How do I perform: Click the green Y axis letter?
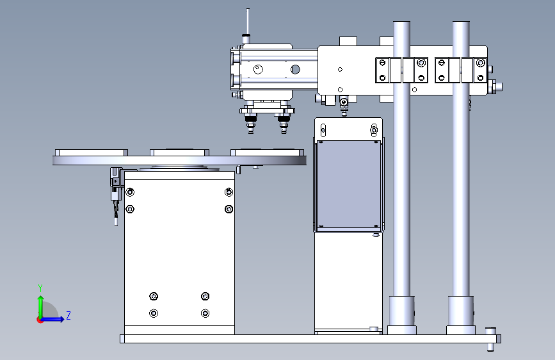[40, 288]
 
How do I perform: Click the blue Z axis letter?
[68, 315]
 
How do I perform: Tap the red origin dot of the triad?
[40, 320]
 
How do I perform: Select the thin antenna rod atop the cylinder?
[248, 21]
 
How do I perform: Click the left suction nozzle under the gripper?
[251, 124]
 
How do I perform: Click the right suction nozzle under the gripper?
[284, 124]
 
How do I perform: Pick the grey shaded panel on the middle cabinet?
[349, 184]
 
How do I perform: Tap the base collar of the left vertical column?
[402, 315]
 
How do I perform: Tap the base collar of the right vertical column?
[461, 315]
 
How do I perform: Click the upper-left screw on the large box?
[130, 192]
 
